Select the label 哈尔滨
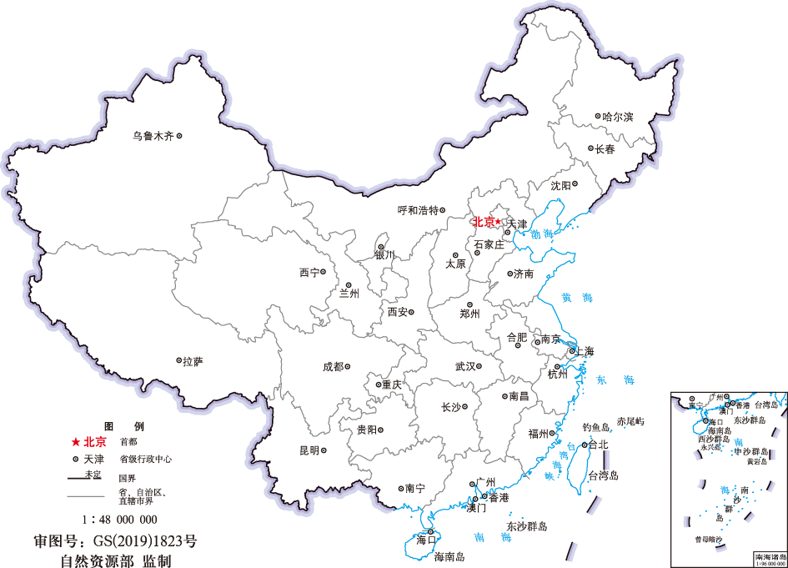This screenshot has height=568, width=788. [618, 117]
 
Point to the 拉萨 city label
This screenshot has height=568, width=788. [193, 361]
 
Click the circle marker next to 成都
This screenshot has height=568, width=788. [348, 366]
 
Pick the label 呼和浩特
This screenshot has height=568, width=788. [417, 211]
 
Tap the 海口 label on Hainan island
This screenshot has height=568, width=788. [426, 541]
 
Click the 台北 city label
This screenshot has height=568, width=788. [598, 445]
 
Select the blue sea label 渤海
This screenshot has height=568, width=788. [542, 234]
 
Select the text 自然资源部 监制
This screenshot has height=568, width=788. [115, 560]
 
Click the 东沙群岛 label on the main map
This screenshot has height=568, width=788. [526, 527]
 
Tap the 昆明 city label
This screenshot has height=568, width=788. [309, 451]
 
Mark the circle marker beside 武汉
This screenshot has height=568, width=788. [480, 366]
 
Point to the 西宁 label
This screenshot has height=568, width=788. [309, 273]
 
